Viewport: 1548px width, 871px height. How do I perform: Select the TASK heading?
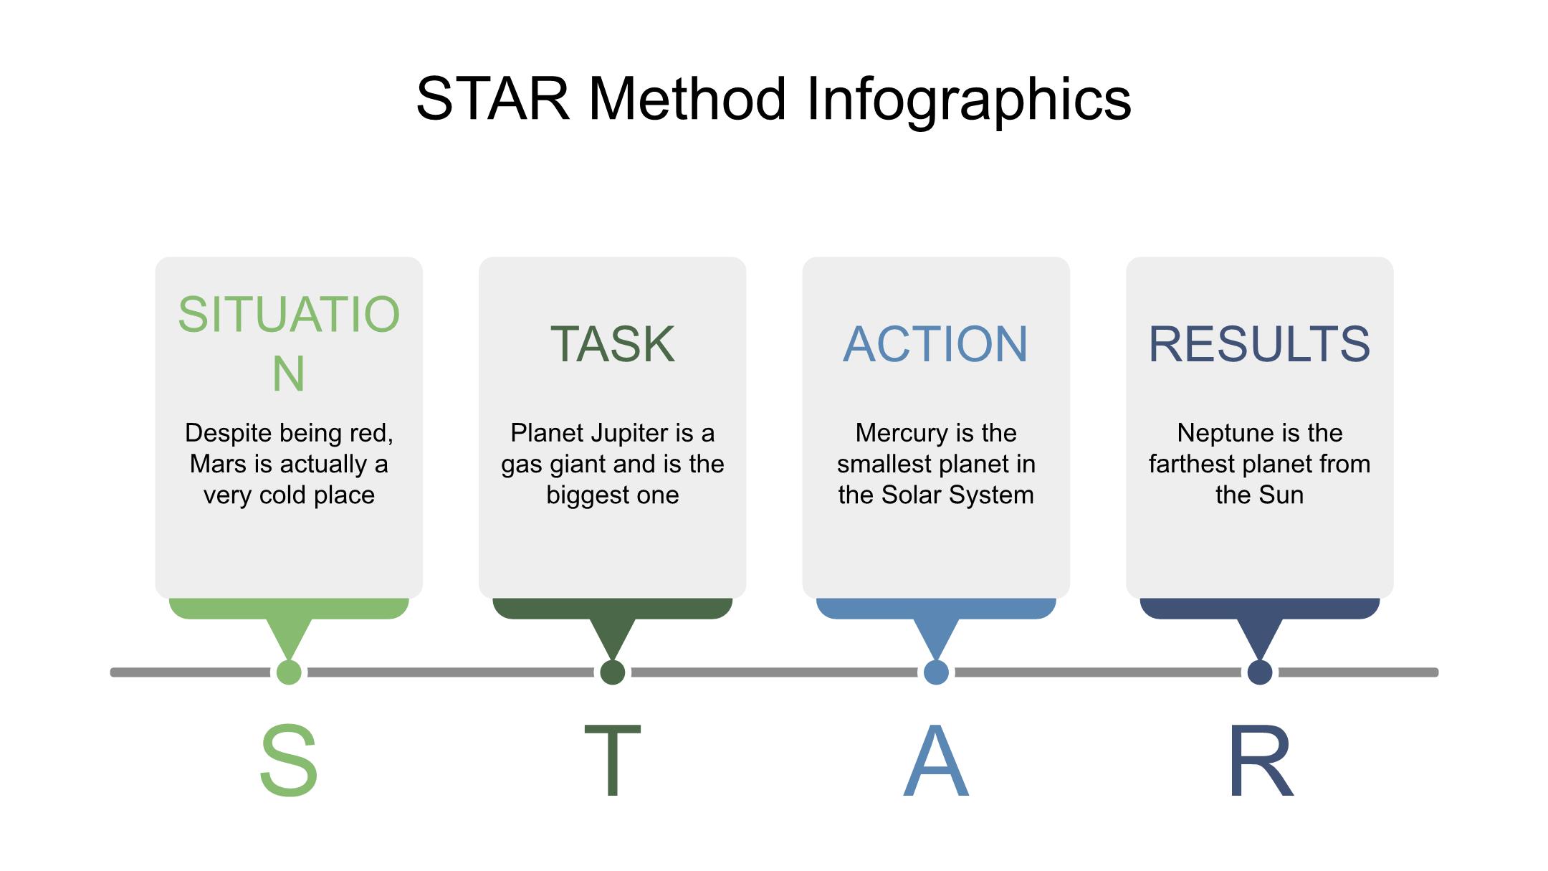[612, 344]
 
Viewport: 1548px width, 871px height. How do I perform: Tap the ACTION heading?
[935, 344]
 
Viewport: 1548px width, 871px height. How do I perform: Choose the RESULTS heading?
[1259, 344]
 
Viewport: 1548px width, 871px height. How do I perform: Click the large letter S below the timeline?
[289, 761]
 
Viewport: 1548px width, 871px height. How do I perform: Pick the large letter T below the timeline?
[612, 761]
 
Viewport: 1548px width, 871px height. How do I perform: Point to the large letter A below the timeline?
[936, 761]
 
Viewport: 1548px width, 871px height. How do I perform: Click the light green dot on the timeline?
[289, 672]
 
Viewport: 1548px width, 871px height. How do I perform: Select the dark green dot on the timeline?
[613, 672]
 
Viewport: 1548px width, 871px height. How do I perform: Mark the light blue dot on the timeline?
[936, 672]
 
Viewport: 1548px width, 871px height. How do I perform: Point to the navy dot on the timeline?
[1260, 672]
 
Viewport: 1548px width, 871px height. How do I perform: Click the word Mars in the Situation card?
[218, 465]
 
